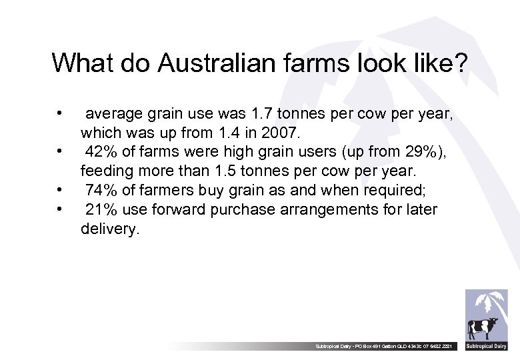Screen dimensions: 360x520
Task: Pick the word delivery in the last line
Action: pos(110,229)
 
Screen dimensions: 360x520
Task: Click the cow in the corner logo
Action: pos(482,329)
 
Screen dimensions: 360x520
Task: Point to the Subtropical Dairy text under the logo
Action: pos(486,347)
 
